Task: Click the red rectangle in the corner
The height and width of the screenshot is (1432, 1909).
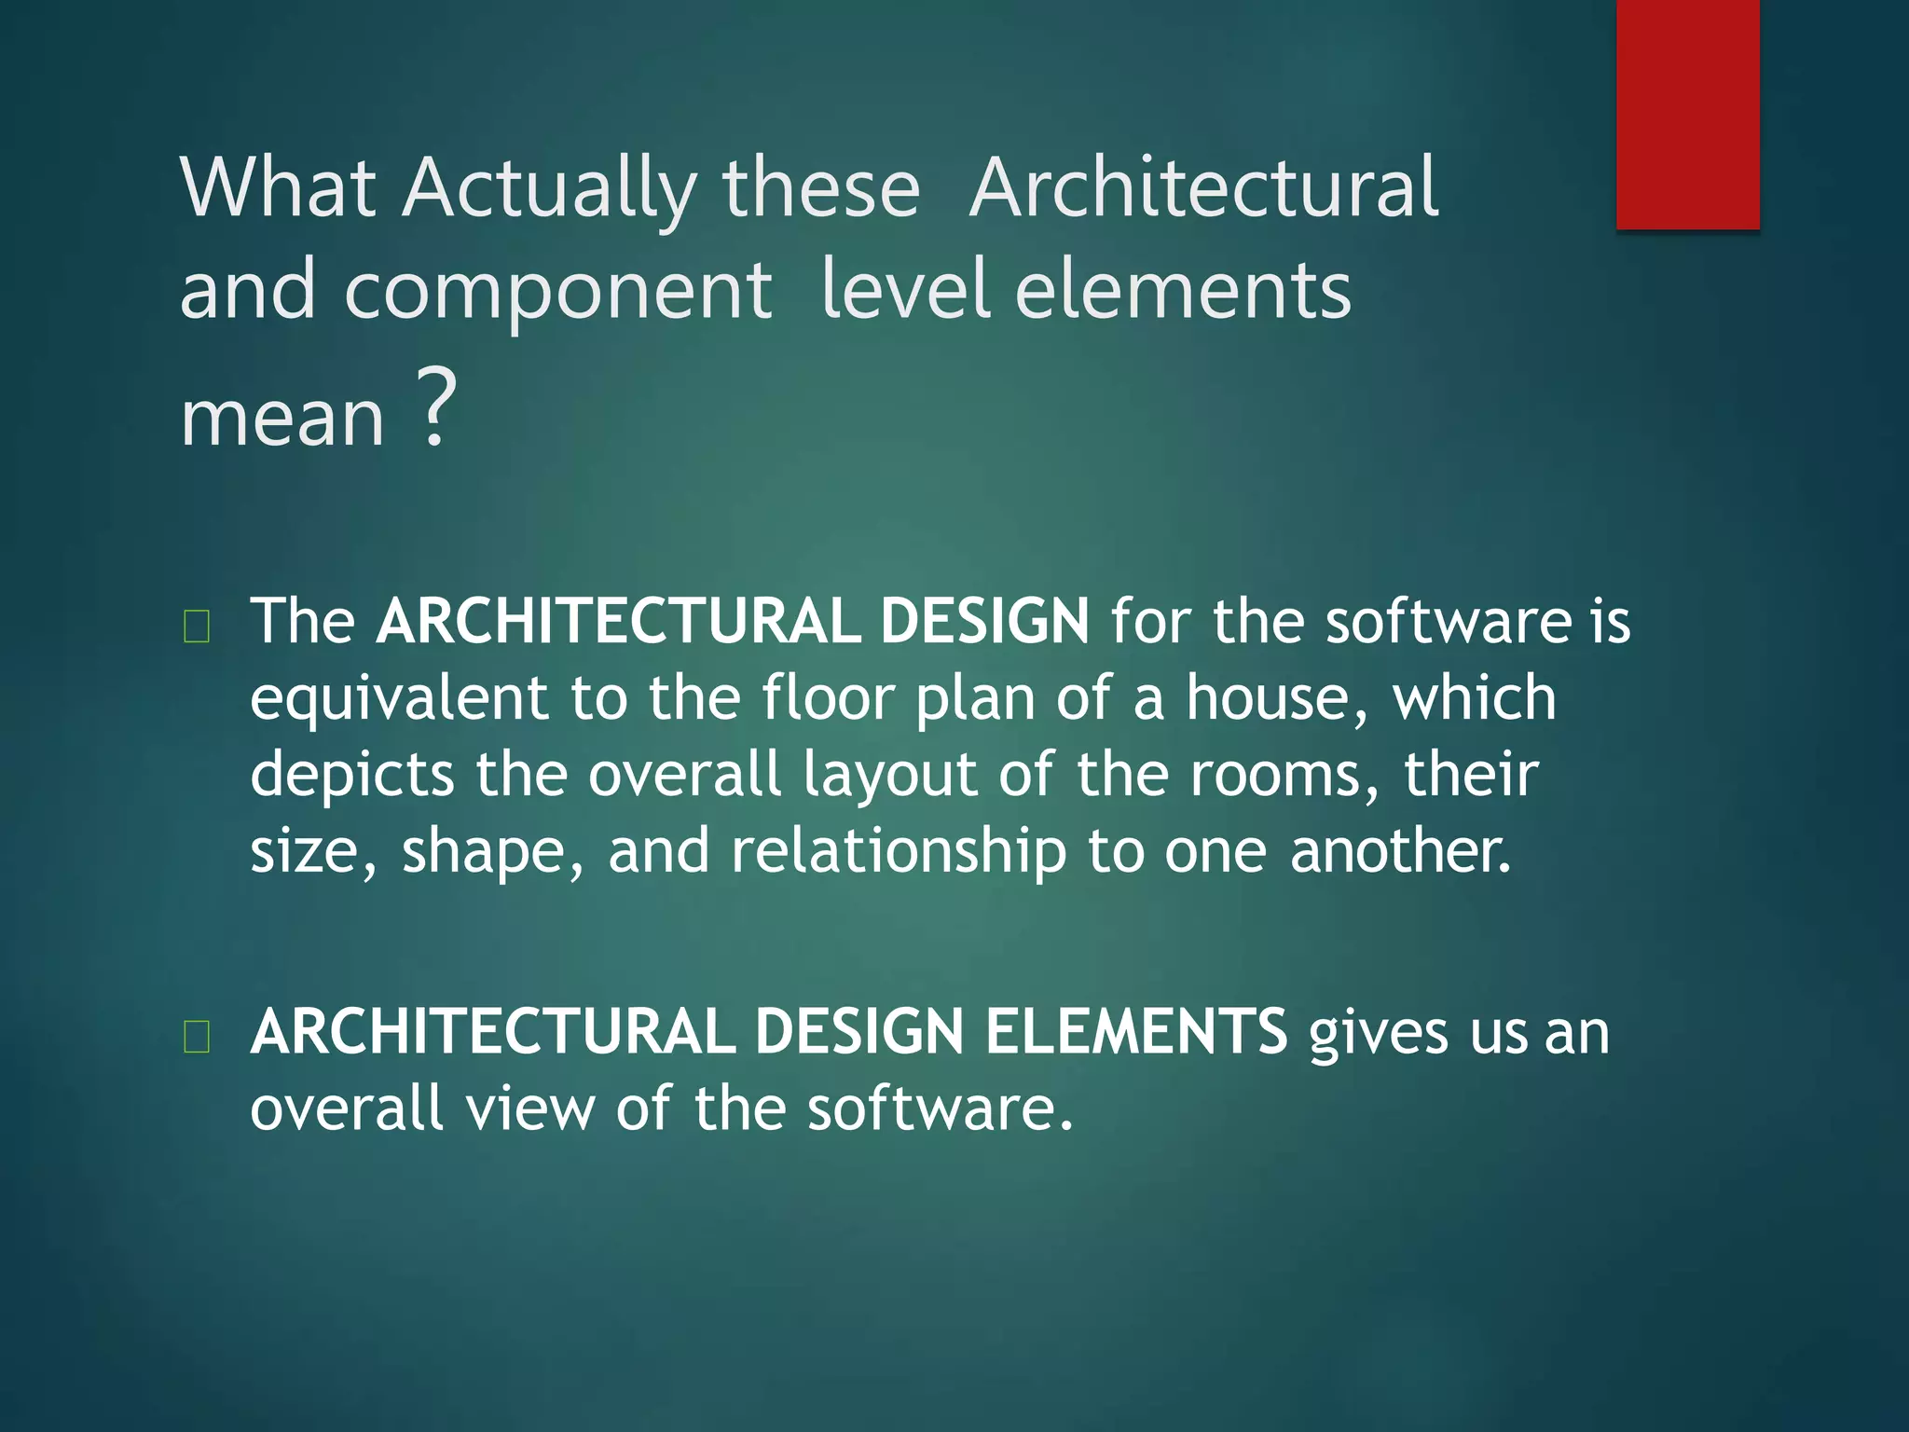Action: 1687,114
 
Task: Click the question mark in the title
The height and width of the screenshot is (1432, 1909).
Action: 435,406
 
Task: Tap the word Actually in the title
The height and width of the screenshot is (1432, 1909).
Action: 550,189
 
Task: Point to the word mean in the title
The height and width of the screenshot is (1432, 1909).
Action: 282,418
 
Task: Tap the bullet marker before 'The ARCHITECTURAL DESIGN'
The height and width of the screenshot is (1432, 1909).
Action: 197,626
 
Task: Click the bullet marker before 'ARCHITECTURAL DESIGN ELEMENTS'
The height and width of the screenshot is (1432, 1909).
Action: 197,1037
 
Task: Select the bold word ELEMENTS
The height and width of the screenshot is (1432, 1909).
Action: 1136,1032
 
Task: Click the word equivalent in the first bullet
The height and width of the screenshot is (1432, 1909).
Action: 399,699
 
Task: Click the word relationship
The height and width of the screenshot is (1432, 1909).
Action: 898,852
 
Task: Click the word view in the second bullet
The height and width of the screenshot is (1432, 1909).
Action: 529,1109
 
